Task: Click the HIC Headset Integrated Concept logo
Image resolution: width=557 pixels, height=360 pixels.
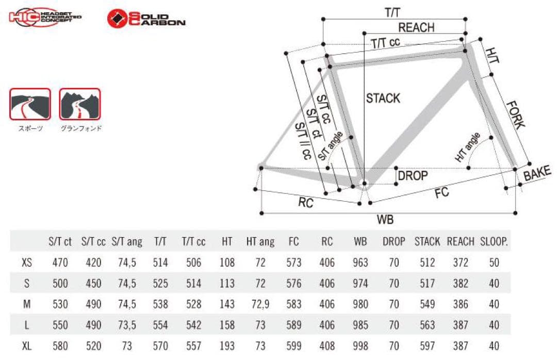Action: tap(45, 17)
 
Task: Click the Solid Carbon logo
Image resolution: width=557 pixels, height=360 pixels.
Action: tap(146, 19)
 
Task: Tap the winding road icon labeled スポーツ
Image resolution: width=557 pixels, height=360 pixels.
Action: tap(30, 104)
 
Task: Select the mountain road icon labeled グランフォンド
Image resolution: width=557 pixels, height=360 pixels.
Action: tap(80, 104)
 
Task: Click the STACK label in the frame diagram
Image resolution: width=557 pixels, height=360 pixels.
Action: tap(383, 98)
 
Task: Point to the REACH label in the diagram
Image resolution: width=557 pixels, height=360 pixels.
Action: tap(416, 27)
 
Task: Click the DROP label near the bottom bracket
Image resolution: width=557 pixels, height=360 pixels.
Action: tap(413, 175)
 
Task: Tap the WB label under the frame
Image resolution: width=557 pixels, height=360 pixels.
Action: tap(385, 219)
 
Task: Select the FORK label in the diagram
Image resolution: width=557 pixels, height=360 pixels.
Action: tap(515, 115)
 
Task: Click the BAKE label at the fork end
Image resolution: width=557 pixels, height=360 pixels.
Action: tap(537, 173)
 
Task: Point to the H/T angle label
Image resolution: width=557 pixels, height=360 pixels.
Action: tap(467, 147)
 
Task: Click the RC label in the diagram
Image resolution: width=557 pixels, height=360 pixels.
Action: tap(305, 203)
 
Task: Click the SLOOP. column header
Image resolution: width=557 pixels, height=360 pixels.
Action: tap(494, 242)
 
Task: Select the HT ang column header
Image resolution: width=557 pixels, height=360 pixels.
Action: tap(260, 242)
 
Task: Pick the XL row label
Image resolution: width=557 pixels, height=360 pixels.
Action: tap(27, 346)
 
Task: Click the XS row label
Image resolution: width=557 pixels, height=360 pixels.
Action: tap(27, 263)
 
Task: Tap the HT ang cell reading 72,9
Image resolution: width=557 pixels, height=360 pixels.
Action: tap(260, 304)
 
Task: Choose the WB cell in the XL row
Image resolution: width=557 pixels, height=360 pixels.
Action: tap(360, 346)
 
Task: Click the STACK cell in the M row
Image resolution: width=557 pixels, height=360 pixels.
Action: tap(427, 304)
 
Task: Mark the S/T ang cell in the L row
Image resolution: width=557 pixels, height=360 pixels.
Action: tap(127, 325)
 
